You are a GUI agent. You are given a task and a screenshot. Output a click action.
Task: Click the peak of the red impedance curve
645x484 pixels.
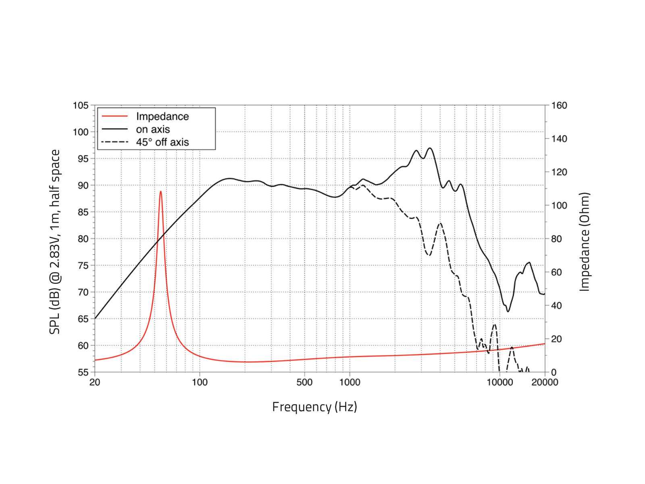point(160,192)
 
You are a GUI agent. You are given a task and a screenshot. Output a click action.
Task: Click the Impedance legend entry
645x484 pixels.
point(162,117)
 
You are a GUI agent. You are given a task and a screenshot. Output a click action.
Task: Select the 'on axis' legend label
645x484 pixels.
point(153,129)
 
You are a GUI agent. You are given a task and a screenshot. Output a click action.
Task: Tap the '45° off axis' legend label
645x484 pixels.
point(162,142)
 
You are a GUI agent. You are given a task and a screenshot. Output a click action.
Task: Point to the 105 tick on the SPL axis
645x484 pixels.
point(81,106)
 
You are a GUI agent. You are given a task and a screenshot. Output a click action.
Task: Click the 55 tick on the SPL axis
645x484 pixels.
point(83,372)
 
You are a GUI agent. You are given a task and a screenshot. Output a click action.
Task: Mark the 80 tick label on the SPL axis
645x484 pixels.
point(83,239)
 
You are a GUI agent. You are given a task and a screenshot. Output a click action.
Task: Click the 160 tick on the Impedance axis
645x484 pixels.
point(559,106)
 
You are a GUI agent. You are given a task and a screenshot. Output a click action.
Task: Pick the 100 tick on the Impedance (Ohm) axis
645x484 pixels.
point(559,206)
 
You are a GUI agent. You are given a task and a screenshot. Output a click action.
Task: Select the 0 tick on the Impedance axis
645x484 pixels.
point(553,372)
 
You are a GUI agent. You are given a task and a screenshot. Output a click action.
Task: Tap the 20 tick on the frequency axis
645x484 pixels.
point(95,382)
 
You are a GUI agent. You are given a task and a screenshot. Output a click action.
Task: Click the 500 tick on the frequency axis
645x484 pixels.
point(304,382)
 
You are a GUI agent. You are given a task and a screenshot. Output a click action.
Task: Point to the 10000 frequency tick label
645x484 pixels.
point(499,382)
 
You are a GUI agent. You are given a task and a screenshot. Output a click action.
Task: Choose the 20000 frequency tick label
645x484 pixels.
point(545,382)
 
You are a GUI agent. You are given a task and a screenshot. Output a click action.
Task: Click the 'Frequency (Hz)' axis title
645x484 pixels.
point(314,407)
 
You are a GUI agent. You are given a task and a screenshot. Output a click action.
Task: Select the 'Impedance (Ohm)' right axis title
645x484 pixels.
point(585,241)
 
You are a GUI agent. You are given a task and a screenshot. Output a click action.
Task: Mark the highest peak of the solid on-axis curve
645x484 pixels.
point(430,148)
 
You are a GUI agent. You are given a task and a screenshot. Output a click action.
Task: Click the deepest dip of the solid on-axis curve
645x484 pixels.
point(508,311)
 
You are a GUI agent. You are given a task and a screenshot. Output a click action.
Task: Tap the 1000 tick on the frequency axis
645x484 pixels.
point(350,382)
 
